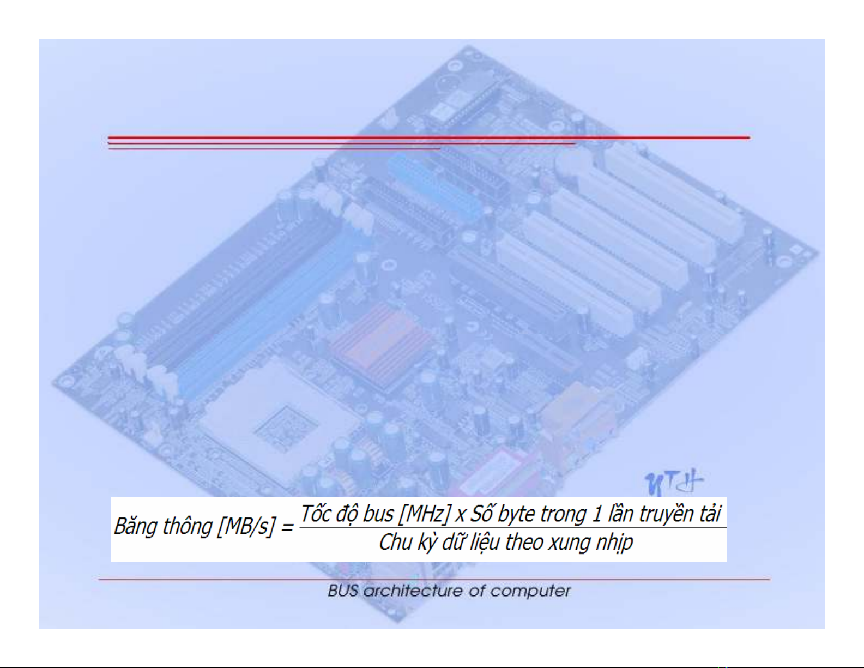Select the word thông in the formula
point(188,527)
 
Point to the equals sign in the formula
point(287,528)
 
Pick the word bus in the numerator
point(378,514)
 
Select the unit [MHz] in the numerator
point(424,514)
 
